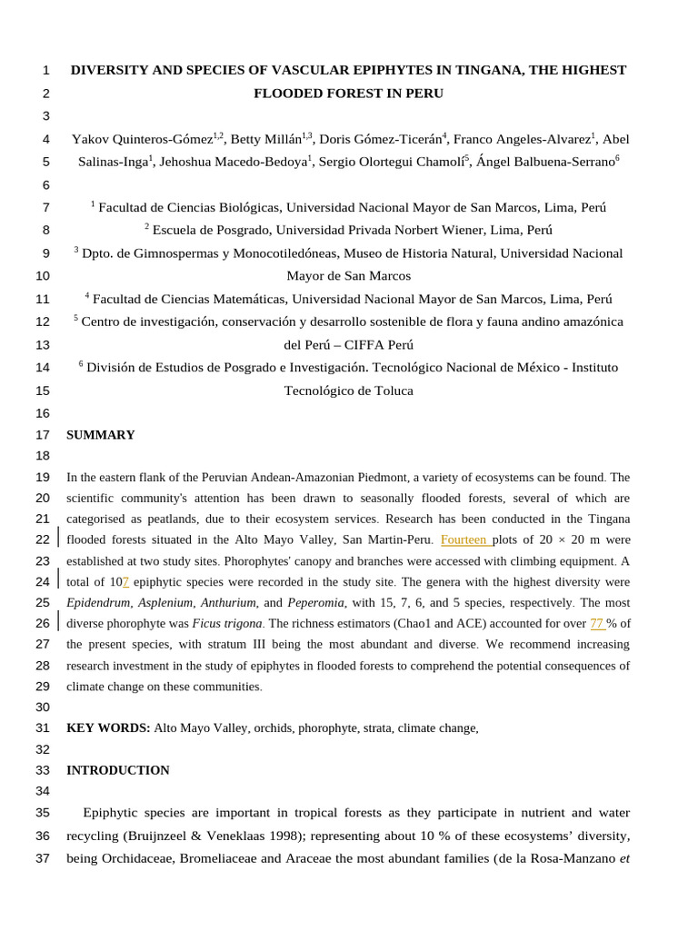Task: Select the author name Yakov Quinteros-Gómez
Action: (x=142, y=139)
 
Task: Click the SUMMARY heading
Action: (x=100, y=435)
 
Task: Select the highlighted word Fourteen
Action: (x=464, y=540)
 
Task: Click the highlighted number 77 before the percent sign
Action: (x=596, y=624)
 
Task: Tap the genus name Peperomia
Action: (x=315, y=603)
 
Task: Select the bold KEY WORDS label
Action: (x=108, y=728)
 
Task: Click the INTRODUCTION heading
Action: (x=117, y=770)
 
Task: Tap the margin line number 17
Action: (x=43, y=435)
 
